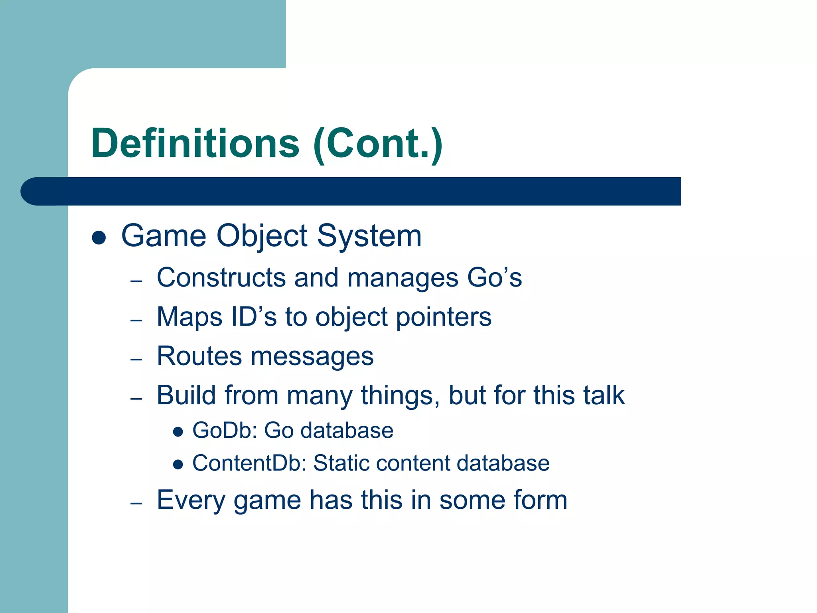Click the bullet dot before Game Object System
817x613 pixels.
coord(99,238)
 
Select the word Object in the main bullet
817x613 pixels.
coord(262,236)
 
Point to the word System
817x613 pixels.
coord(369,236)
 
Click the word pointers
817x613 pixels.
coord(444,317)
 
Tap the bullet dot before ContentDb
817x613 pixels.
coord(178,464)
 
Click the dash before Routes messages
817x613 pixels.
coord(136,359)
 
